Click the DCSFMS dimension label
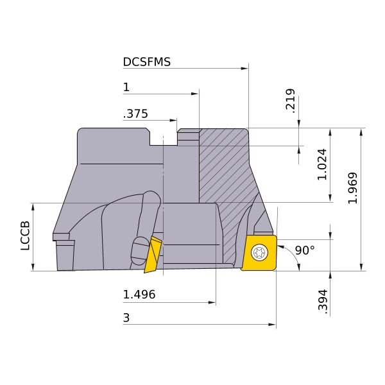146,62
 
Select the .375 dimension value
135,114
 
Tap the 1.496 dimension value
139,295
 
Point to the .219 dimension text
290,101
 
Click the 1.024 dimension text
322,164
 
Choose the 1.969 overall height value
352,188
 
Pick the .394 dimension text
323,302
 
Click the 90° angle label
305,250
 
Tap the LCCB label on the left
25,235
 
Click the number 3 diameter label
126,318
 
